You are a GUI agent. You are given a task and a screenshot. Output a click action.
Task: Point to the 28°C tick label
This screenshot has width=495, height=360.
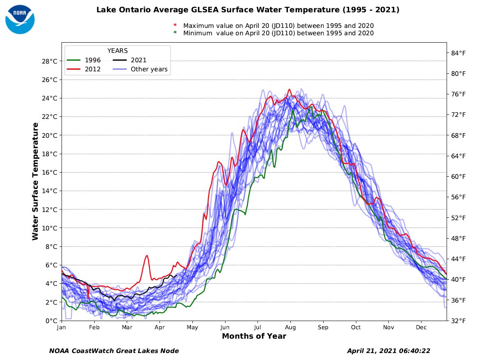pyautogui.click(x=49, y=62)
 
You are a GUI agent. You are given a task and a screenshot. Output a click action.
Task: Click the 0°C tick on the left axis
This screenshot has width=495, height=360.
pyautogui.click(x=51, y=321)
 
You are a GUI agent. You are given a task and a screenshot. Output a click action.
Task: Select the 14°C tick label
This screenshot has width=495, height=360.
pyautogui.click(x=49, y=191)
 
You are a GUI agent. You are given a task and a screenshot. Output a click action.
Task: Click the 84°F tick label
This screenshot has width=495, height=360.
pyautogui.click(x=458, y=53)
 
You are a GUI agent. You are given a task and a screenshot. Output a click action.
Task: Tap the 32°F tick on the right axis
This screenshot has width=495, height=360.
pyautogui.click(x=458, y=321)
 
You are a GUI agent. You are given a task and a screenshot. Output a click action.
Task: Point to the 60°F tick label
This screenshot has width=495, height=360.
pyautogui.click(x=458, y=177)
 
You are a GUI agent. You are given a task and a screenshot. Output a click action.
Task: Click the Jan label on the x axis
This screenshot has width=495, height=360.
pyautogui.click(x=62, y=328)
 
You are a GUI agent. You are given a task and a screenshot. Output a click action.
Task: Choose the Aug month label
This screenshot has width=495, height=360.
pyautogui.click(x=290, y=328)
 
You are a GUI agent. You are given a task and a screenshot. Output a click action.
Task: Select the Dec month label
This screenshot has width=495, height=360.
pyautogui.click(x=421, y=328)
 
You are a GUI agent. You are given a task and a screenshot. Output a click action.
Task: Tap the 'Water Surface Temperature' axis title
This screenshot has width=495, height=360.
pyautogui.click(x=35, y=181)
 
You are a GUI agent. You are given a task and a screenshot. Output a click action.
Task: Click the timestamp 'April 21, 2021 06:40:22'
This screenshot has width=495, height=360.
pyautogui.click(x=388, y=351)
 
